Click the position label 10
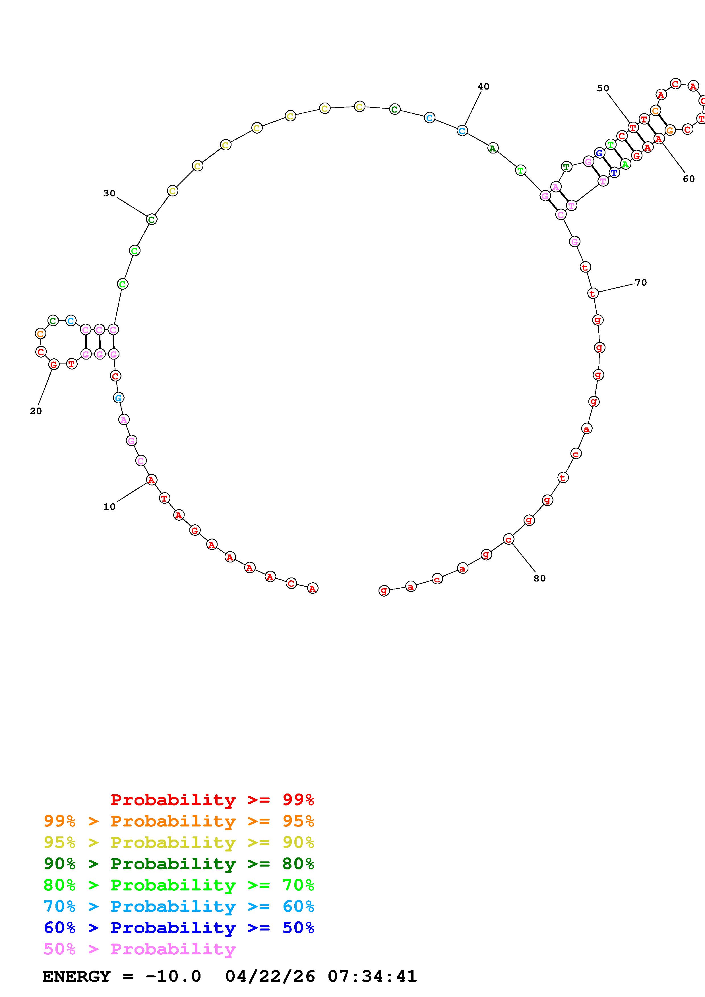(109, 506)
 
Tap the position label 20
(36, 411)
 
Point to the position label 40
(483, 86)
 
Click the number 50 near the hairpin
(603, 88)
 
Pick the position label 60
(689, 178)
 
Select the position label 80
(539, 578)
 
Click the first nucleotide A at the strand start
(312, 588)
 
